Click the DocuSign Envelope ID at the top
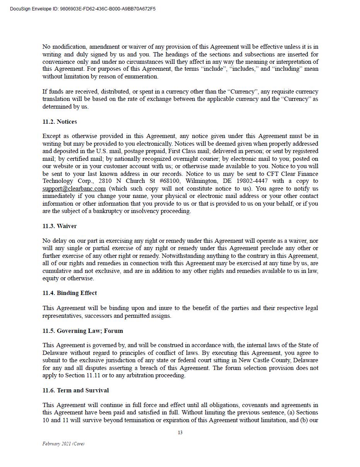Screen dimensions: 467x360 coord(83,9)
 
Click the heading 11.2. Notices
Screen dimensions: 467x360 coord(59,122)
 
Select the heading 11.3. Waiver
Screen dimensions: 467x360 coord(59,226)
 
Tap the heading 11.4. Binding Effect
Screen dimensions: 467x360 coord(70,293)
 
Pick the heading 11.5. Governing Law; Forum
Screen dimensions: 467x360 coord(83,331)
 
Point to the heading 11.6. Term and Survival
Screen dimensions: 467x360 coord(75,390)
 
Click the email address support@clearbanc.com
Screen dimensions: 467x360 coord(74,189)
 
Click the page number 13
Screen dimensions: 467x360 coord(180,433)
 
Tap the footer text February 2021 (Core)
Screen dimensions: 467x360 coord(63,444)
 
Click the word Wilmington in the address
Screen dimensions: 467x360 coord(200,181)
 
